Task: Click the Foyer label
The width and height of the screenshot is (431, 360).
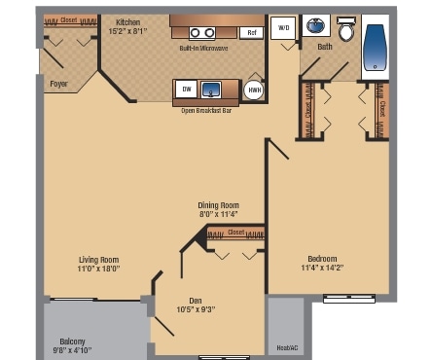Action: click(59, 84)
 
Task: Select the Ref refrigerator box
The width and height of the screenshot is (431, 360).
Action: click(252, 33)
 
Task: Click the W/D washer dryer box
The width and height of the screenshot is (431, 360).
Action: click(284, 28)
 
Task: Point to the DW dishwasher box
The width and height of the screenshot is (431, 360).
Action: click(185, 90)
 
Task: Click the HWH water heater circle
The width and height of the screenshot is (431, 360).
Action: click(254, 90)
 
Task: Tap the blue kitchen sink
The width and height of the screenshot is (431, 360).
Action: click(211, 90)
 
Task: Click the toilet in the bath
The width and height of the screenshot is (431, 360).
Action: click(345, 25)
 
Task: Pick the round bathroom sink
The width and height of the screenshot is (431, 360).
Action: click(316, 25)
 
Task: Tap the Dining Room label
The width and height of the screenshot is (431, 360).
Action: click(218, 205)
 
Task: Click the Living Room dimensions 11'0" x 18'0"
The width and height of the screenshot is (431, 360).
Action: click(99, 270)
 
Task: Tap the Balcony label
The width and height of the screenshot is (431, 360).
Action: click(72, 341)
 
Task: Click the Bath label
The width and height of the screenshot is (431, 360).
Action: click(324, 46)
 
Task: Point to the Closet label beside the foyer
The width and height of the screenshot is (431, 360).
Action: click(69, 20)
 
